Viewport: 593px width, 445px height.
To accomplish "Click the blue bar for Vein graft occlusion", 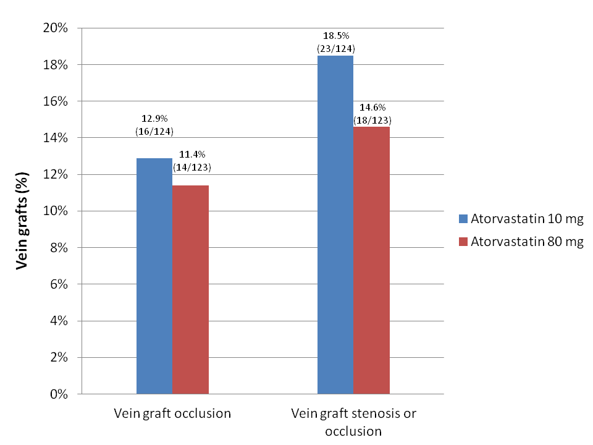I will [154, 276].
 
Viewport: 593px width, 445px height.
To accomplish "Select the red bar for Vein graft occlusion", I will [190, 289].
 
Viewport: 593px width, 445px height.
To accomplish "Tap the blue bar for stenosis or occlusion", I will [335, 224].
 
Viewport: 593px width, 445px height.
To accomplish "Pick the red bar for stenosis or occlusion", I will [371, 260].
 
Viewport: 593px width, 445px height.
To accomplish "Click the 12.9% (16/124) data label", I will [154, 125].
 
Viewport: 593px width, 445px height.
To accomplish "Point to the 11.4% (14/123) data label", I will [191, 160].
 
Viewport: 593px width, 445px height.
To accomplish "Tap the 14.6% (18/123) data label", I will [371, 114].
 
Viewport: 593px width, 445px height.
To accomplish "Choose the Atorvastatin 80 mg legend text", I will [527, 242].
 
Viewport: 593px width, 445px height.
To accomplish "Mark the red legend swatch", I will [464, 242].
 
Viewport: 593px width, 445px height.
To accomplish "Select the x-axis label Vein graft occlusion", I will [172, 413].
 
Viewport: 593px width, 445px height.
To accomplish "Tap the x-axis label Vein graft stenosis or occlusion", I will [353, 422].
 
